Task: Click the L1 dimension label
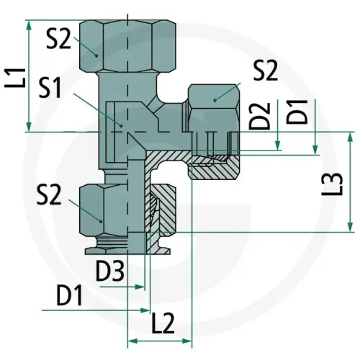(x=15, y=78)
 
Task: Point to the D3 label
(x=110, y=271)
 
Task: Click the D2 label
(x=260, y=116)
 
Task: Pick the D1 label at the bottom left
(x=70, y=295)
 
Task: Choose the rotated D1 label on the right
(x=297, y=111)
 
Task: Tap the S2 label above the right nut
(x=266, y=70)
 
